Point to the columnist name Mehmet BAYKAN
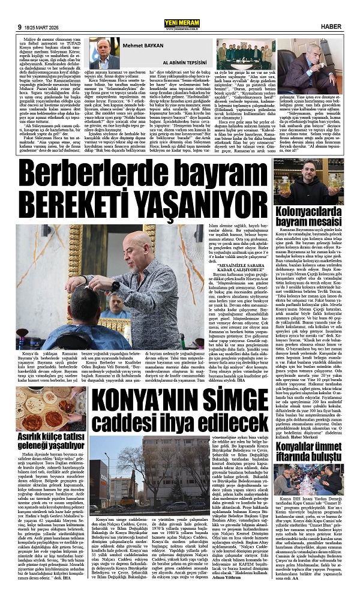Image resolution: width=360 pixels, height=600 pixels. point(140,27)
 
